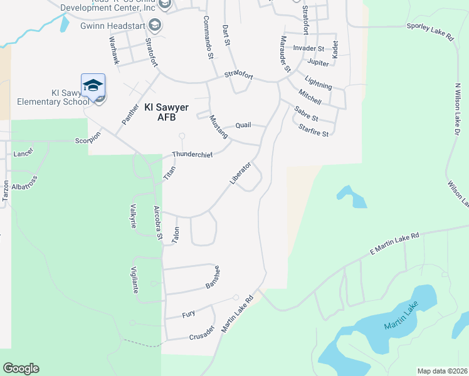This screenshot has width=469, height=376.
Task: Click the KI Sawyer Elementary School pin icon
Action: (93, 86)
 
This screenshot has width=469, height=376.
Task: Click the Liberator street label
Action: (240, 174)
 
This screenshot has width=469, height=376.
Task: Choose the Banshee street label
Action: (213, 278)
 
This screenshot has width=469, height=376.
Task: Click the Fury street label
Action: (189, 314)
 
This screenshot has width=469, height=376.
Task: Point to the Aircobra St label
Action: (158, 223)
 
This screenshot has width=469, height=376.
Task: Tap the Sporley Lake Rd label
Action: (429, 31)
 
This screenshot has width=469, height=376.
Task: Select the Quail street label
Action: (243, 125)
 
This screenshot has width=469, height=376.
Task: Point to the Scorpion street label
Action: (88, 140)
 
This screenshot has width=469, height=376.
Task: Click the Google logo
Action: (21, 368)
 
